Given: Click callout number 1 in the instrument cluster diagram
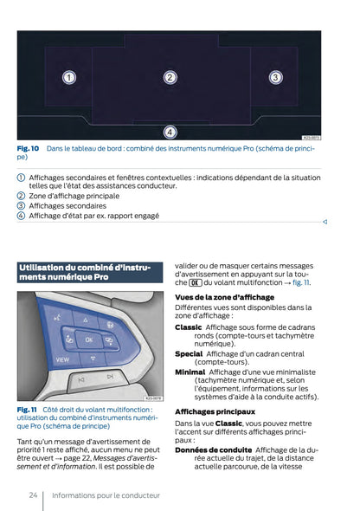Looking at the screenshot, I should pos(68,78).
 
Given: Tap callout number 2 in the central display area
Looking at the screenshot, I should pos(170,78).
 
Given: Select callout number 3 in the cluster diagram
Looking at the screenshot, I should pos(275,78).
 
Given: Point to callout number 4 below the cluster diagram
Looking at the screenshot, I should pos(170,132).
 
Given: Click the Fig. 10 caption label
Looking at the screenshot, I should pos(29,149).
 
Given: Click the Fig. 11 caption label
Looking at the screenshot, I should pos(27,409).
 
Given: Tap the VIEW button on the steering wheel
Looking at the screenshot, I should pos(62,359).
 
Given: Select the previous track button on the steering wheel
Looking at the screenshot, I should pos(80,378).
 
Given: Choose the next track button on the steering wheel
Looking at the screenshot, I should pos(110,377).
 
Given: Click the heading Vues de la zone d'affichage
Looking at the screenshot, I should pos(224,297).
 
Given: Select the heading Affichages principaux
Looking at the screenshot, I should pos(215,411).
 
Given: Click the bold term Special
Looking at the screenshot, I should pos(189,353).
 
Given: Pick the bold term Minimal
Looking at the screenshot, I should pos(190,372).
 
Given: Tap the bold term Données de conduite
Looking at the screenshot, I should pos(213,450).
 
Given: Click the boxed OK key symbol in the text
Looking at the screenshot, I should pos(195,282).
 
